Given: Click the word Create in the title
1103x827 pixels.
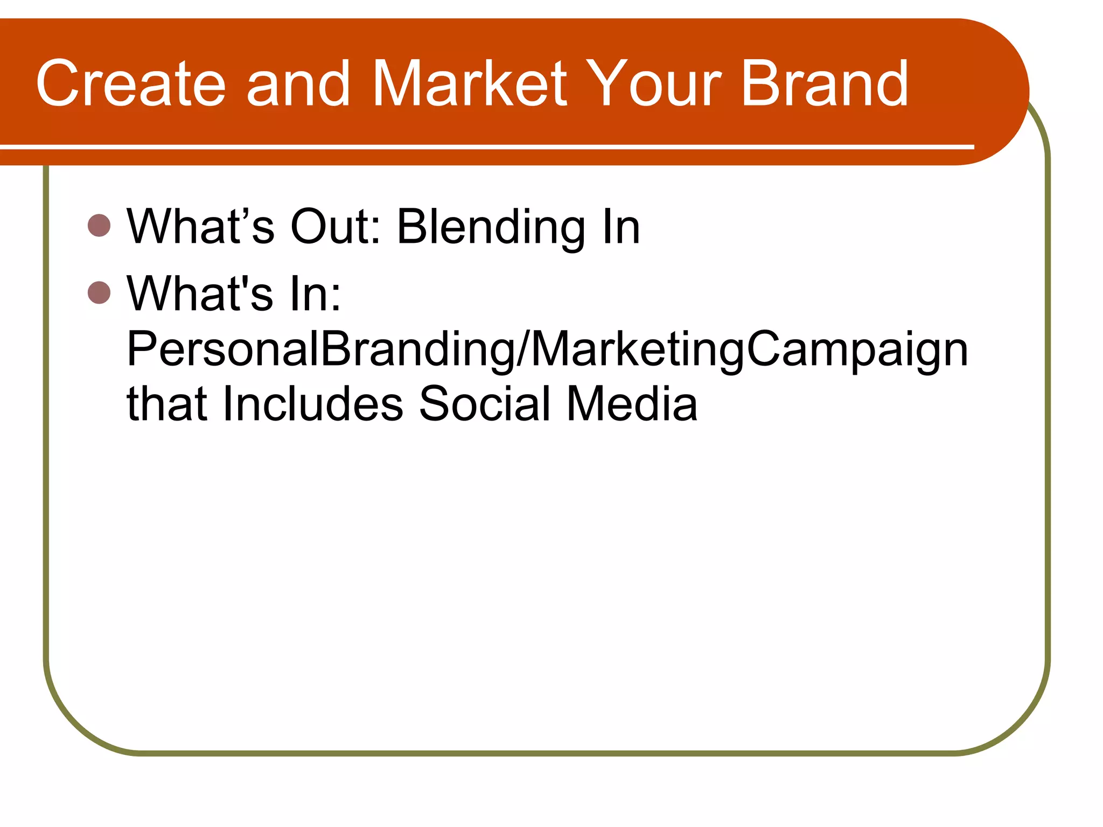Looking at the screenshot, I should tap(131, 83).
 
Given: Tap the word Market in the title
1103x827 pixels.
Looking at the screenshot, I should tap(469, 83).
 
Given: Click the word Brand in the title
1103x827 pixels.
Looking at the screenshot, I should tap(825, 83).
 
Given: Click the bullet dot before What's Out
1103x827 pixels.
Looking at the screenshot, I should tap(99, 225).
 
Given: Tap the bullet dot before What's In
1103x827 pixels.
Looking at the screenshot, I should tap(99, 292).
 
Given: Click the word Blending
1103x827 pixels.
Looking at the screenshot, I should tap(491, 227).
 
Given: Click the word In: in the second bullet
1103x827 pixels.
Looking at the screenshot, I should tap(315, 294).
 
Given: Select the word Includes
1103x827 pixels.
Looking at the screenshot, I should tap(312, 404).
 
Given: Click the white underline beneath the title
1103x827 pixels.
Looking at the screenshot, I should tap(485, 146).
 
